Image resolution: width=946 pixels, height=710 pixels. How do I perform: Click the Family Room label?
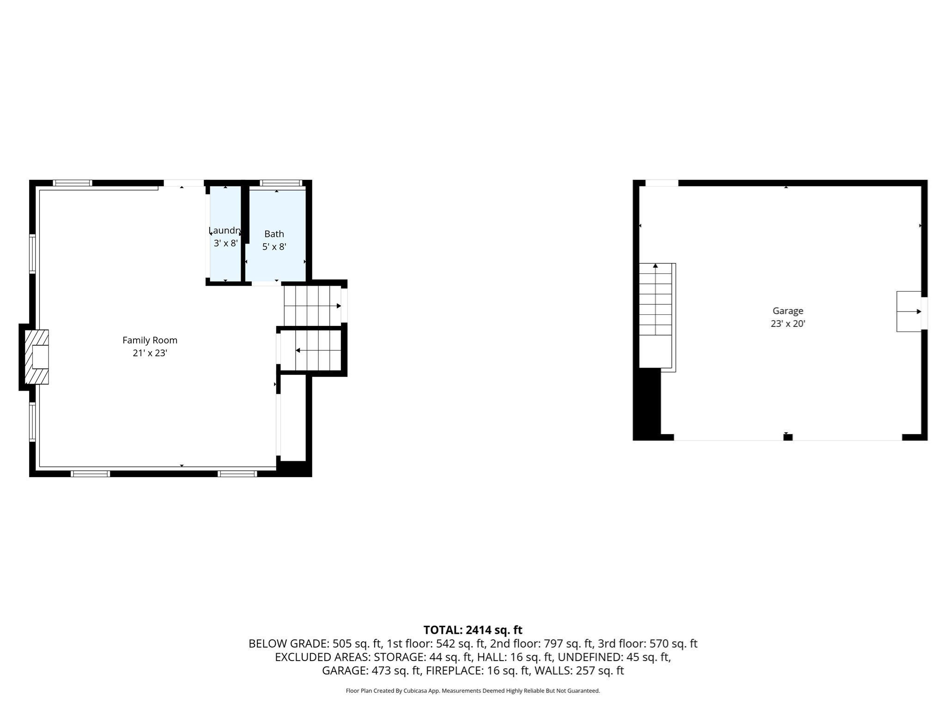coord(150,340)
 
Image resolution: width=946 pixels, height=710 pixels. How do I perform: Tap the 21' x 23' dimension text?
coord(150,353)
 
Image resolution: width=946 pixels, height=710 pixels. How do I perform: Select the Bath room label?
coord(274,234)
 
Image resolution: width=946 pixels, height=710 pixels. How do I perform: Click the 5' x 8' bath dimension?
coord(274,247)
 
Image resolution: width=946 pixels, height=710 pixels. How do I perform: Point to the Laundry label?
coord(225,230)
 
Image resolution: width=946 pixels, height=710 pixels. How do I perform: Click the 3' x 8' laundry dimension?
coord(225,243)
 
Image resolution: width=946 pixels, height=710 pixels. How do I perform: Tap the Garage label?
coord(788,311)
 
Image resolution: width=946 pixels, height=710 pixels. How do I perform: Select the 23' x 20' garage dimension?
coord(788,324)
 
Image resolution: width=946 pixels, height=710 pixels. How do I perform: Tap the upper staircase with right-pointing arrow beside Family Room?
coord(312,306)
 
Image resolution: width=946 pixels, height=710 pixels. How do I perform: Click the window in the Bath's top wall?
coord(281,183)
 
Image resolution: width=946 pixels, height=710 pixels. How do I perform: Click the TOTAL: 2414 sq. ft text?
coord(473,630)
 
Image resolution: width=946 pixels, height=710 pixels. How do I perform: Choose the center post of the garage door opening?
coord(788,437)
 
